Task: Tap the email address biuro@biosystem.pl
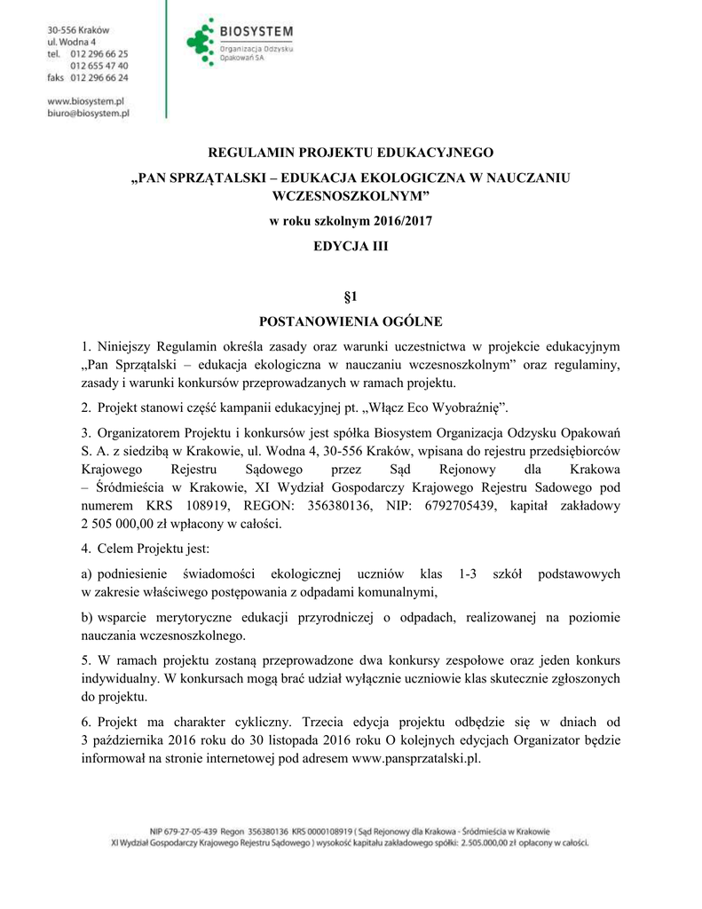click(x=88, y=114)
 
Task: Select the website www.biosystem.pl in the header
click(x=85, y=101)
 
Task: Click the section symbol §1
click(x=350, y=295)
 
